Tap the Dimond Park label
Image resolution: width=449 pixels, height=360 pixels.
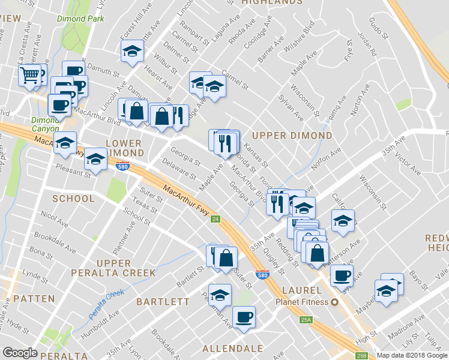tap(80, 19)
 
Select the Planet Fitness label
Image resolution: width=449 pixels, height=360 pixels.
tap(303, 302)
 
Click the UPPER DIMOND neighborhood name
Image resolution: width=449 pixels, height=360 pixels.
tap(292, 136)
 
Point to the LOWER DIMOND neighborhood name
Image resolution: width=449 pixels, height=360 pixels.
tap(123, 148)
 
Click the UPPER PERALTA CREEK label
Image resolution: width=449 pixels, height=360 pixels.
tap(126, 268)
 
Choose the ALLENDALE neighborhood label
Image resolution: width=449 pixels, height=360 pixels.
tap(232, 349)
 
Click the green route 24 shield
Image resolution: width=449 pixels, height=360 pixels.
tap(215, 219)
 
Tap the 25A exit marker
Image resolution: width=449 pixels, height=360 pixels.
tap(307, 320)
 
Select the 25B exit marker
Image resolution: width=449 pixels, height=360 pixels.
tap(362, 356)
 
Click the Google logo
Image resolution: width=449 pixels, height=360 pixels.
tap(20, 353)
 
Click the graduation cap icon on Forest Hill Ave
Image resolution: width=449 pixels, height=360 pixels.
tap(132, 52)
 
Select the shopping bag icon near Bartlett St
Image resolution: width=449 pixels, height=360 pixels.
tap(226, 257)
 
